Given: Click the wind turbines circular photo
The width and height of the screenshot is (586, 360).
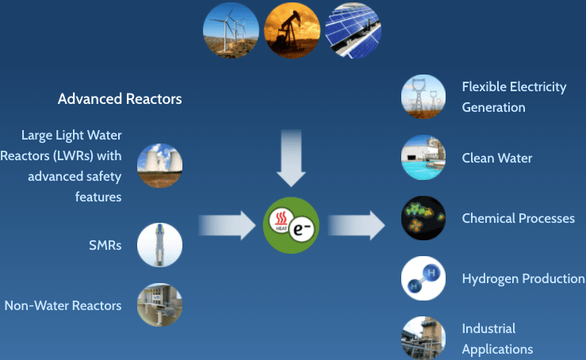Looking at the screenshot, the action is [231, 30].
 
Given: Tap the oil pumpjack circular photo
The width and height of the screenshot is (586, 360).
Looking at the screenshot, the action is [292, 30].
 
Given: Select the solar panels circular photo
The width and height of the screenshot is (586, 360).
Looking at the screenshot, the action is [353, 30].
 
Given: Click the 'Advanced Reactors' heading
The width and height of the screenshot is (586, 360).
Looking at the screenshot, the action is [120, 99].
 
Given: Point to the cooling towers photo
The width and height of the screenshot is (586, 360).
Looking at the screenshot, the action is [159, 165].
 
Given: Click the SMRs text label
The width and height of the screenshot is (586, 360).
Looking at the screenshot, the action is [105, 245].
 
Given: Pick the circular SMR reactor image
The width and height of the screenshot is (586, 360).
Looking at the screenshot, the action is [159, 245].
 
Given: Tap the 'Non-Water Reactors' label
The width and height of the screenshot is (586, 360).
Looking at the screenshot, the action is [63, 305].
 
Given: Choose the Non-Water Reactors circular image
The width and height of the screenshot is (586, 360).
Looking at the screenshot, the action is [159, 305].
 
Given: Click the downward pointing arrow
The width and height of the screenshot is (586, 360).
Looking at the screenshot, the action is [291, 158].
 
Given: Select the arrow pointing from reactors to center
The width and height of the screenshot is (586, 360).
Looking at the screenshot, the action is [227, 225].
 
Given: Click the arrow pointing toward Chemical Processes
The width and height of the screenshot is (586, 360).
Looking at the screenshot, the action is [356, 225].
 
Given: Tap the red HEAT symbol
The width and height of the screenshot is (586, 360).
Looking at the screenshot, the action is [281, 220].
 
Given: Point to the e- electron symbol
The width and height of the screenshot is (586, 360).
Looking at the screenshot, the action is [302, 229].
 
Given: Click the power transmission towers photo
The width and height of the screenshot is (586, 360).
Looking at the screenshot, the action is [423, 97].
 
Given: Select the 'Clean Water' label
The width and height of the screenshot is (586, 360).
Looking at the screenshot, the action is [496, 158].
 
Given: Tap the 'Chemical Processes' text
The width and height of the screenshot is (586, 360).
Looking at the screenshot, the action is [518, 218].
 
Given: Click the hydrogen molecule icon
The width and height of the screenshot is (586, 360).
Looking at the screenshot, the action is [423, 278].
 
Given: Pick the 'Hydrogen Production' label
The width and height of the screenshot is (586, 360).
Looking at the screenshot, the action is [523, 278].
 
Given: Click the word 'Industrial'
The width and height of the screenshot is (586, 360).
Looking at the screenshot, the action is [488, 328].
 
